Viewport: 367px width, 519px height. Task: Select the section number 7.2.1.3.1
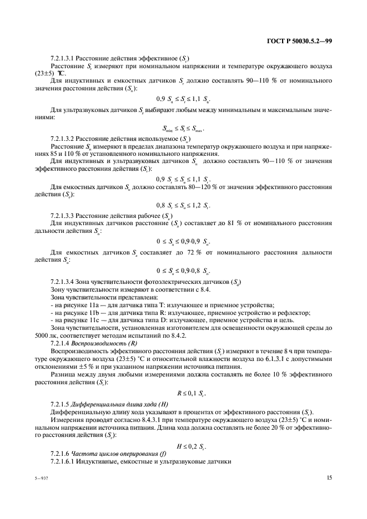coord(63,58)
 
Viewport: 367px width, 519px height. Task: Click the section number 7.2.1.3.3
coord(63,215)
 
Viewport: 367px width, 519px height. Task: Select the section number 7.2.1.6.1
coord(63,462)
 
